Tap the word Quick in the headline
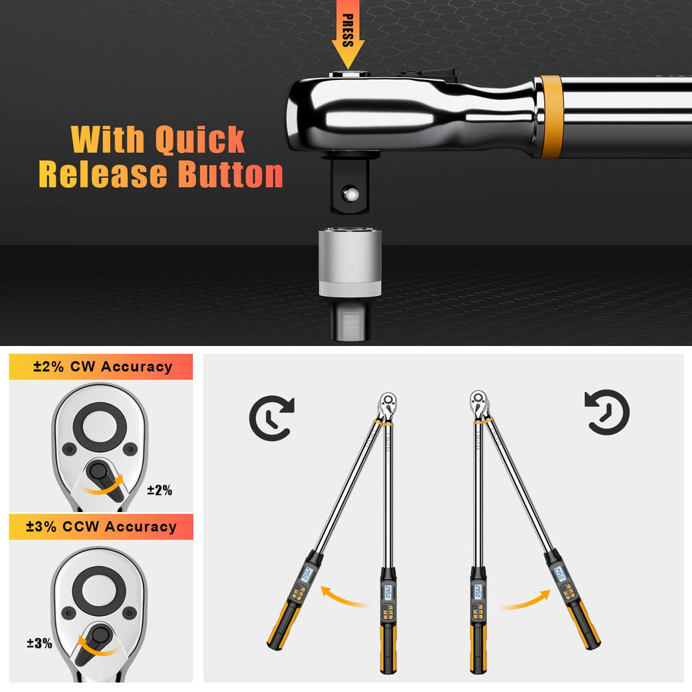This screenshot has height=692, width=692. (199, 139)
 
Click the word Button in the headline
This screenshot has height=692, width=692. (231, 175)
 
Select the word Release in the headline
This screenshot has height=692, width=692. (105, 175)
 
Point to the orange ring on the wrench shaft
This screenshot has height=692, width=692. (549, 116)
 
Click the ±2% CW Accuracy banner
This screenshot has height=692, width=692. (101, 367)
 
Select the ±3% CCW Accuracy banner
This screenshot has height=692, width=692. (101, 527)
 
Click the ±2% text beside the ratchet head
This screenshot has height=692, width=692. (160, 490)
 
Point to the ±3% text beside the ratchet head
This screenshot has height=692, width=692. (38, 643)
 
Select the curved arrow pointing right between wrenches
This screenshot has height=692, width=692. (525, 598)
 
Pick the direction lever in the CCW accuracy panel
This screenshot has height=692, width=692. (97, 637)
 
